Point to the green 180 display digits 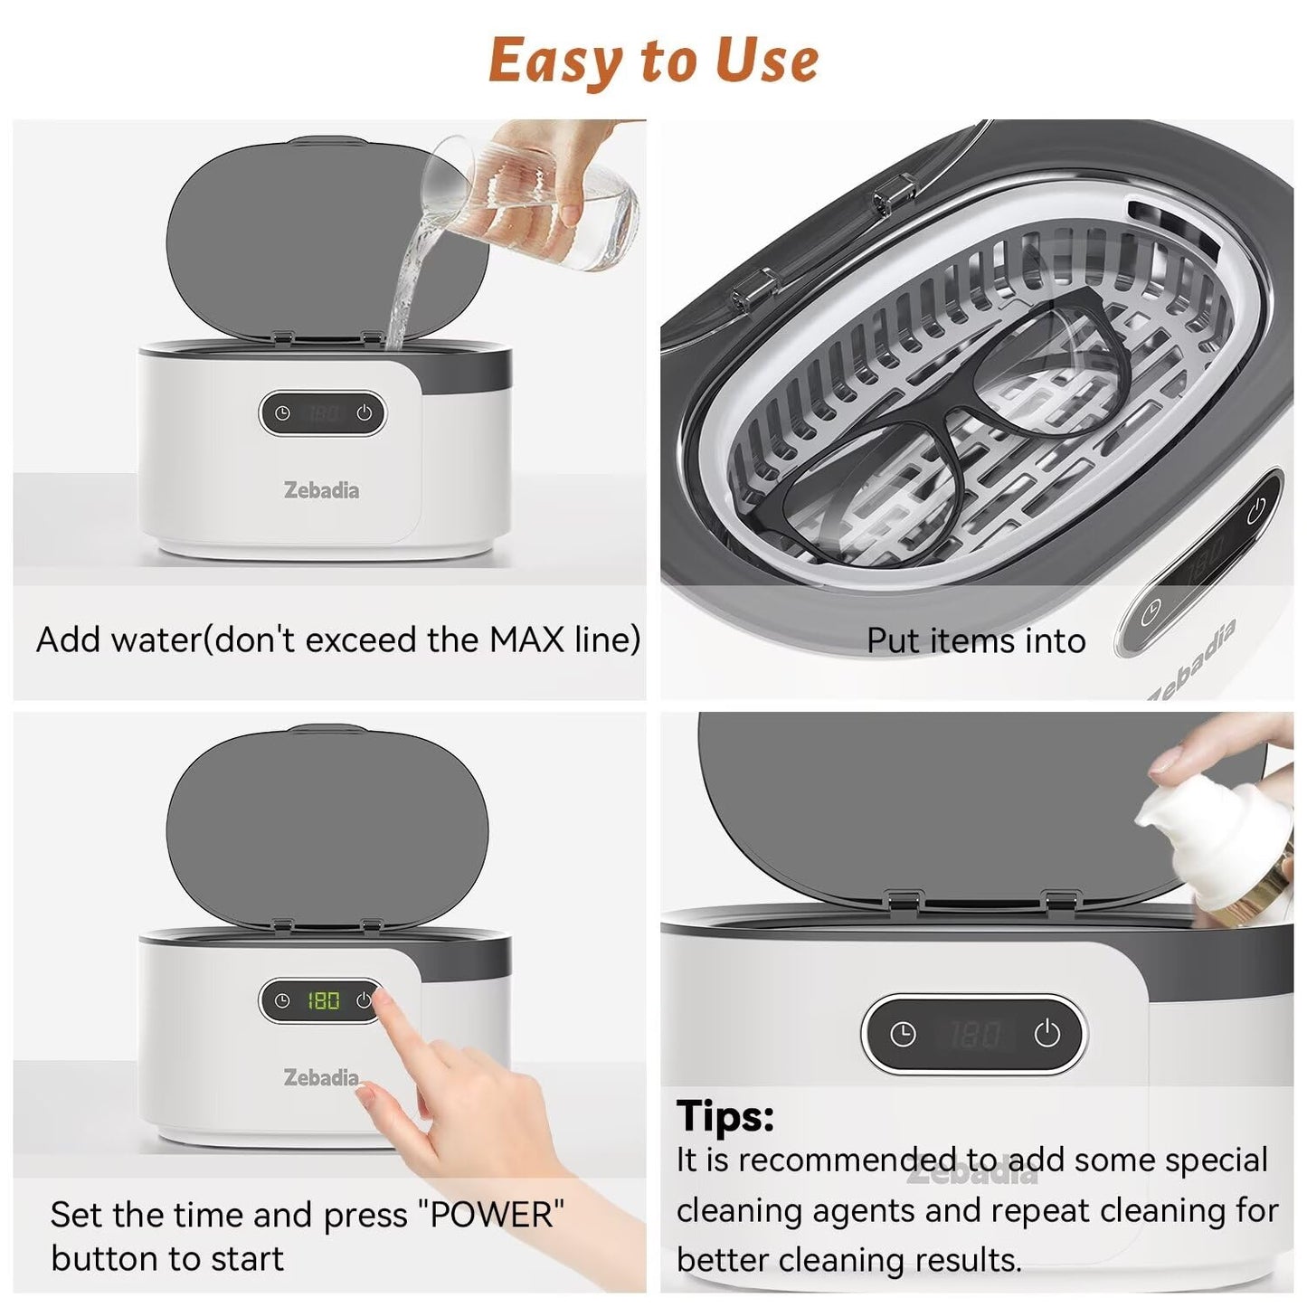[324, 1000]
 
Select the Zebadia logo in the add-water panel [321, 490]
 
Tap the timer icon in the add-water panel [282, 413]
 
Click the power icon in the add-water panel [365, 412]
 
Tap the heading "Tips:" [725, 1115]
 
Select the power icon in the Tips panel [1047, 1035]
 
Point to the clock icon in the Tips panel [903, 1035]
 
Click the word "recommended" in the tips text [848, 1160]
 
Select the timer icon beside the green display [282, 1000]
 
